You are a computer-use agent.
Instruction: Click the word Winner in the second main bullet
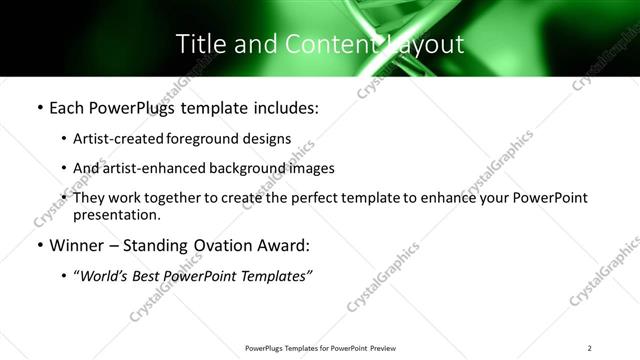coord(78,245)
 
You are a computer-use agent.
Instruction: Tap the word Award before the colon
coord(283,245)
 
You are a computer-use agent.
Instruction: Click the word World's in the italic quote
coord(109,275)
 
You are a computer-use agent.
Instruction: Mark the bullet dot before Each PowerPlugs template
coord(39,107)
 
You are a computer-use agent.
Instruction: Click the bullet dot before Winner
coord(39,245)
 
